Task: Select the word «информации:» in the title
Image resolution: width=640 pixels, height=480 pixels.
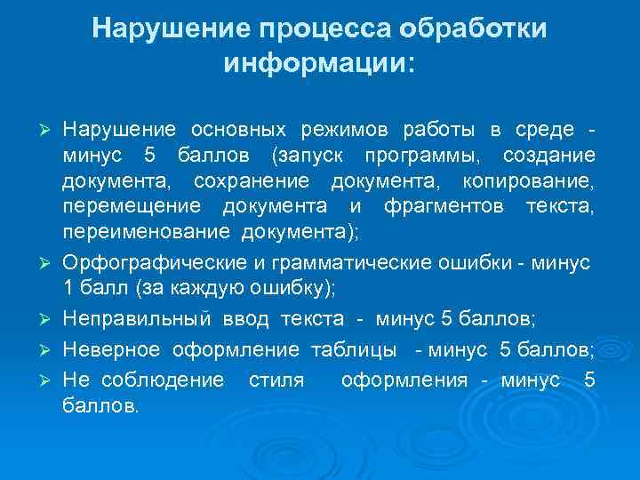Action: point(320,64)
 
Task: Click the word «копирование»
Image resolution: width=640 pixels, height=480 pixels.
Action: point(540,183)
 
